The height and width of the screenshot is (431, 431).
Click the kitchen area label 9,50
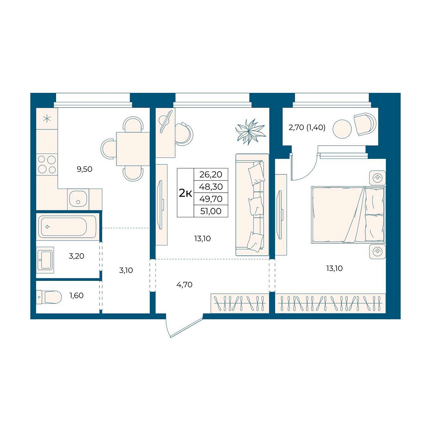(x=84, y=169)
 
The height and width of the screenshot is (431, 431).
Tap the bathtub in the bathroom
(x=67, y=227)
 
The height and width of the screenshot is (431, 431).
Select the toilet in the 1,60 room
(x=49, y=297)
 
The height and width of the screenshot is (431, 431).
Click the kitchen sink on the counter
(x=78, y=199)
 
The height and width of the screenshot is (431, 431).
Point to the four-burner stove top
(x=47, y=164)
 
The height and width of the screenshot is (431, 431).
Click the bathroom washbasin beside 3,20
(x=45, y=260)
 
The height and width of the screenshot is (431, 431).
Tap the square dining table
(x=133, y=149)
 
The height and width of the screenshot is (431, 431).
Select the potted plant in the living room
(x=251, y=132)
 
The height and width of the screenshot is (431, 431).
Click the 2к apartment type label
(x=185, y=194)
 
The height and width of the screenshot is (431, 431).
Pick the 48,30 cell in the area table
(x=211, y=187)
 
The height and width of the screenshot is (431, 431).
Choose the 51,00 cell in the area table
(x=211, y=211)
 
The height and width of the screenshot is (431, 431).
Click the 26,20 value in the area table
(x=211, y=174)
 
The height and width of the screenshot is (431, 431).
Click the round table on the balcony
(x=342, y=129)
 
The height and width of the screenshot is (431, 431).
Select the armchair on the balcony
(x=365, y=124)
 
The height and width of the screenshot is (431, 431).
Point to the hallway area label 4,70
(x=184, y=285)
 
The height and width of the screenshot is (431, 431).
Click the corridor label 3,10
(x=126, y=271)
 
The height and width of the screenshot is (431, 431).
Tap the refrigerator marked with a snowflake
(x=47, y=119)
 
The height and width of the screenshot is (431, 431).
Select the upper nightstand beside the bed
(x=378, y=178)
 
